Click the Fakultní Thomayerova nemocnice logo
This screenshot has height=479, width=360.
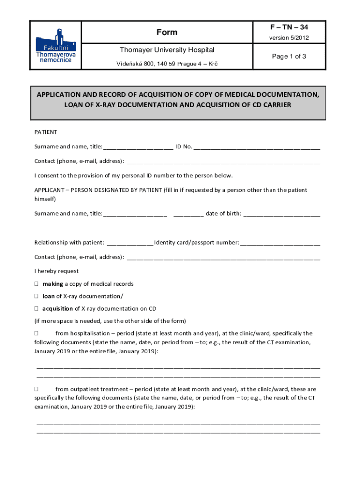click(56, 46)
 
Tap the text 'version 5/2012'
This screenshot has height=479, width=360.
click(289, 38)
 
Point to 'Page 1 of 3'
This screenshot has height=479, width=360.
click(289, 56)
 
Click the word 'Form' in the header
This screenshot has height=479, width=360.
click(167, 32)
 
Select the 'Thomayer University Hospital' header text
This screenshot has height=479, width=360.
click(167, 50)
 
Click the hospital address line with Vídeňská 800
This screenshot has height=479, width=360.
click(167, 63)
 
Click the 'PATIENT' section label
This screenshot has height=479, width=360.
click(46, 132)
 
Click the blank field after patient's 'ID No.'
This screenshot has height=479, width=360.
click(257, 147)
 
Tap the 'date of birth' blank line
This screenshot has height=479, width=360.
click(282, 214)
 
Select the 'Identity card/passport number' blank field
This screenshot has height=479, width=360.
click(281, 243)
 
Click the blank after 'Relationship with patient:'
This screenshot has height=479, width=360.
click(130, 243)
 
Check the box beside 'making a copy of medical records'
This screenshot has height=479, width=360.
click(36, 284)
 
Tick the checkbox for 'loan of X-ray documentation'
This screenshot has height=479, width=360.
click(36, 296)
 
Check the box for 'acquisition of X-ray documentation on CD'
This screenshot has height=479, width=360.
click(36, 308)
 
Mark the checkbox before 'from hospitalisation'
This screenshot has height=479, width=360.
click(36, 334)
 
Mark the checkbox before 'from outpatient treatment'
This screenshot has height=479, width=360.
click(36, 389)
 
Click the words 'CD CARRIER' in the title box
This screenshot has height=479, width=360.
click(269, 105)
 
